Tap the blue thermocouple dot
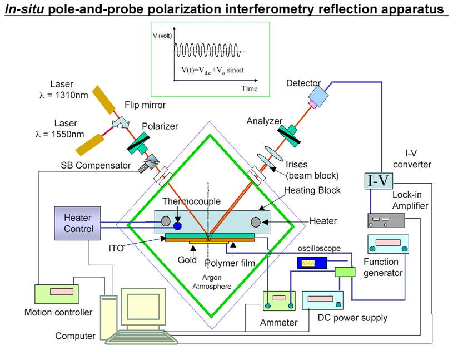(178, 226)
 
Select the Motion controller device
(58, 294)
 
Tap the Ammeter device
(279, 301)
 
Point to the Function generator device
(388, 243)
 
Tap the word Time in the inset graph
(250, 88)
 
